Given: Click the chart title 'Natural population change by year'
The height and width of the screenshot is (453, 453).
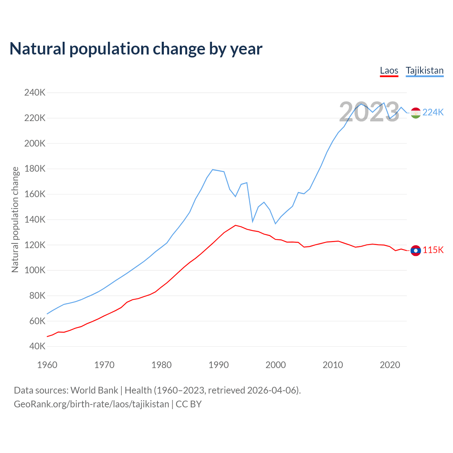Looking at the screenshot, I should [x=136, y=49].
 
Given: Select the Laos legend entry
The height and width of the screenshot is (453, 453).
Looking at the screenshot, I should [x=389, y=70].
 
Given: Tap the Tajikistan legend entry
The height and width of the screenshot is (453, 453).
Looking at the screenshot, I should [x=424, y=70].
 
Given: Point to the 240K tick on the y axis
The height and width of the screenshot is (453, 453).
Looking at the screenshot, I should [x=35, y=93].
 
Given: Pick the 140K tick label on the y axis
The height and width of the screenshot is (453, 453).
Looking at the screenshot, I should [x=35, y=219].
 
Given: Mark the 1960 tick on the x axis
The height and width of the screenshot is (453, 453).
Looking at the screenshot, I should [x=47, y=365].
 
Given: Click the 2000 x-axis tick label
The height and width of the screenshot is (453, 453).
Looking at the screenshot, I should [x=275, y=365].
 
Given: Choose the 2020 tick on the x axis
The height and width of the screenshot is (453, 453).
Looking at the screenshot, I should [x=390, y=365].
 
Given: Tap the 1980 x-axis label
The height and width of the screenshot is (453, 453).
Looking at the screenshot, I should [x=161, y=365].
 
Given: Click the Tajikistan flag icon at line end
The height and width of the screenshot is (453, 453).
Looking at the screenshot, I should [x=415, y=113].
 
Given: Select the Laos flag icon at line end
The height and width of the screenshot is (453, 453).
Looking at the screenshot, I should [x=415, y=251].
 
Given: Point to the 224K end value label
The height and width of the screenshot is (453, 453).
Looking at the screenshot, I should [x=433, y=112].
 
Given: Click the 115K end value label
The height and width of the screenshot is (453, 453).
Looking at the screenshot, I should [x=433, y=250].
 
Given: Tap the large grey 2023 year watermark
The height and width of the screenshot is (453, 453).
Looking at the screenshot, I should [x=369, y=112].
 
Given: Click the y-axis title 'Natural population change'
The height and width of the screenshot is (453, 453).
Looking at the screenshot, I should [x=15, y=219].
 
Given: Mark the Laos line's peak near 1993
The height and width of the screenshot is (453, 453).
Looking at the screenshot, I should [x=235, y=225].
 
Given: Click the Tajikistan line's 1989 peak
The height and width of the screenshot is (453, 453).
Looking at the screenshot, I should [x=212, y=170].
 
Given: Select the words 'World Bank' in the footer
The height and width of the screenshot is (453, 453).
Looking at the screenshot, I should [x=94, y=390].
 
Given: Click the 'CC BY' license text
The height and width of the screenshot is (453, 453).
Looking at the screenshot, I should [x=189, y=404].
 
